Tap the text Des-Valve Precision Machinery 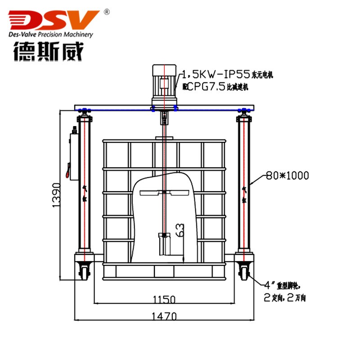pyautogui.click(x=51, y=35)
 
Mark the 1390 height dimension pyautogui.click(x=57, y=195)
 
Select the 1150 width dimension pyautogui.click(x=163, y=299)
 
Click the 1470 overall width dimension pyautogui.click(x=163, y=316)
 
